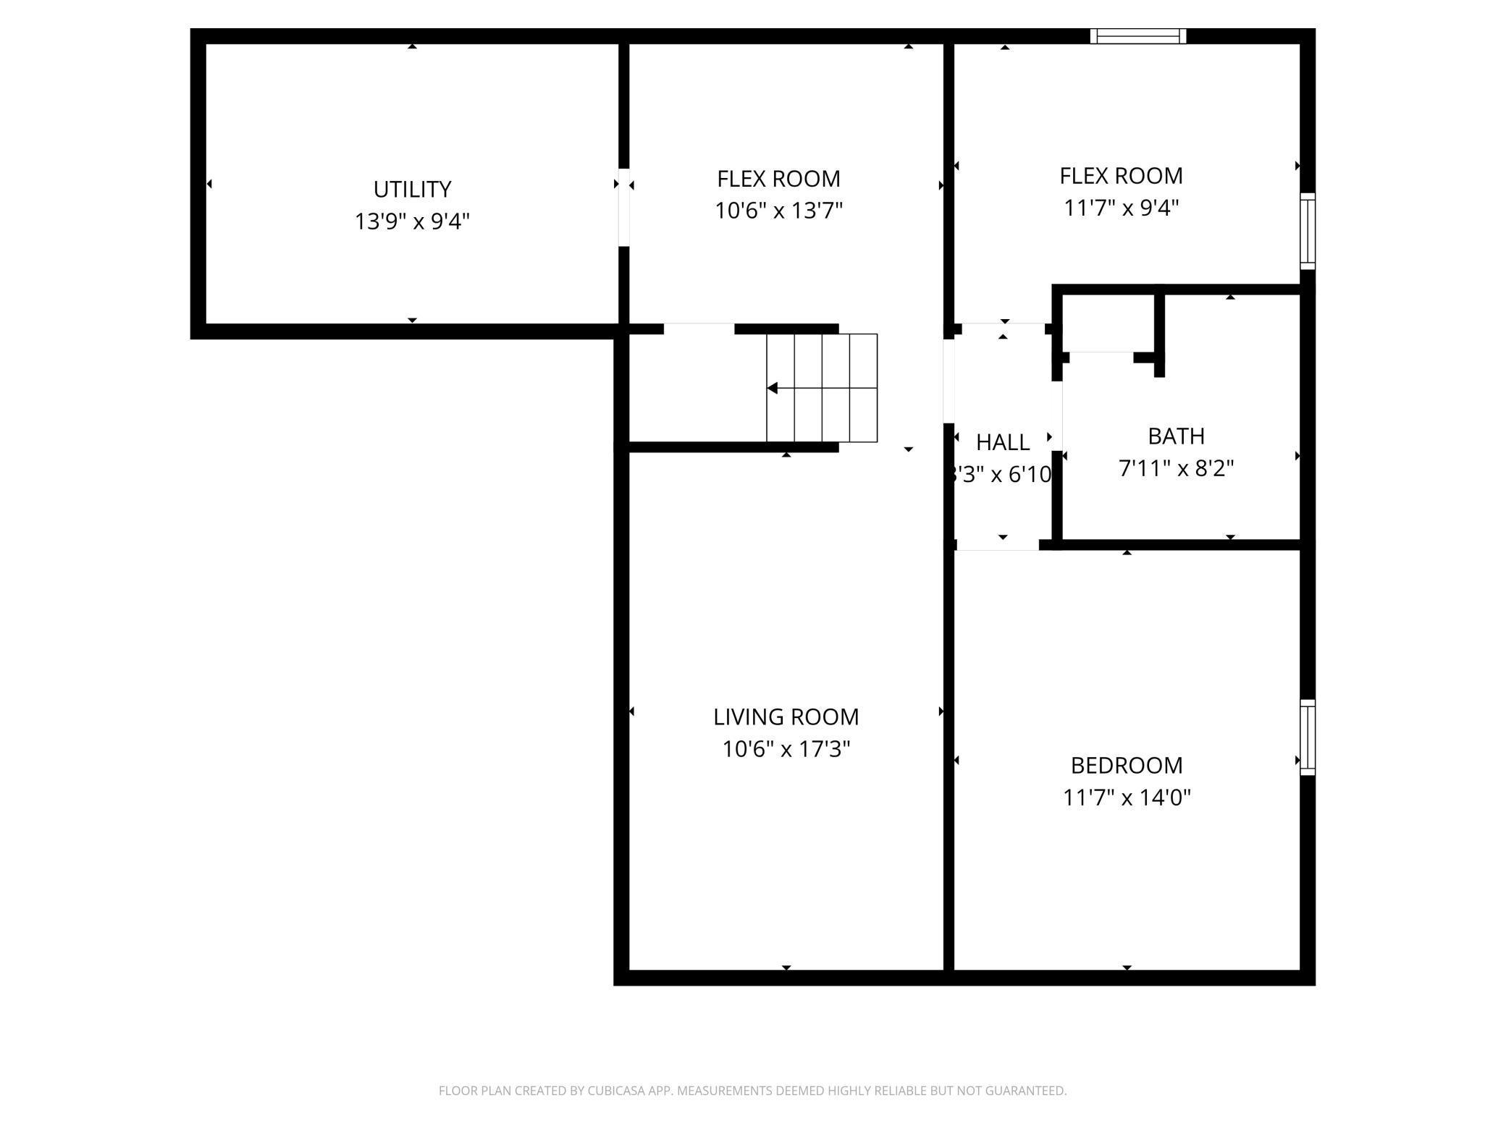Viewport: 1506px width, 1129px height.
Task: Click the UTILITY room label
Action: coord(412,190)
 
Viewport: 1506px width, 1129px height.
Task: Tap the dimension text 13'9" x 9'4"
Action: coord(412,221)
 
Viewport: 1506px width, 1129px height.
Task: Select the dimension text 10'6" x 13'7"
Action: coord(778,211)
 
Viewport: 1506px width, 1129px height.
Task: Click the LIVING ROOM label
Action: coord(786,716)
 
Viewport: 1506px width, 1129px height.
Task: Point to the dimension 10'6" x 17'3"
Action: coord(786,749)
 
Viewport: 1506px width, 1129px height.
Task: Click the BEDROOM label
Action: coord(1126,765)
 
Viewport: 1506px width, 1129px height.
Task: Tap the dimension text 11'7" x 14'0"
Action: coord(1126,798)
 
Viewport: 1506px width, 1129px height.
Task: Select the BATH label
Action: coord(1176,436)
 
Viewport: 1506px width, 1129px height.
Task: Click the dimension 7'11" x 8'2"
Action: coord(1176,469)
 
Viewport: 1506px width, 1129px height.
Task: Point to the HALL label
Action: coord(1002,442)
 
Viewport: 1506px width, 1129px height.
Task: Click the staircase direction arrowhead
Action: coord(773,389)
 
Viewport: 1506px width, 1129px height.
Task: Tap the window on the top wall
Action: coord(1138,36)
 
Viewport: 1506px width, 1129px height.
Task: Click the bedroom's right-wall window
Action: coord(1307,737)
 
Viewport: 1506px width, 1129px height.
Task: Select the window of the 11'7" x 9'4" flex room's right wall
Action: coord(1307,231)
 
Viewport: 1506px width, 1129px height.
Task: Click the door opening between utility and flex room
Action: coord(623,208)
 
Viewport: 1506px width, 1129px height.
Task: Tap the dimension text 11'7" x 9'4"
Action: coord(1121,208)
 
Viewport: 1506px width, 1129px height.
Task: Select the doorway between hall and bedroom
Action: coord(997,545)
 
